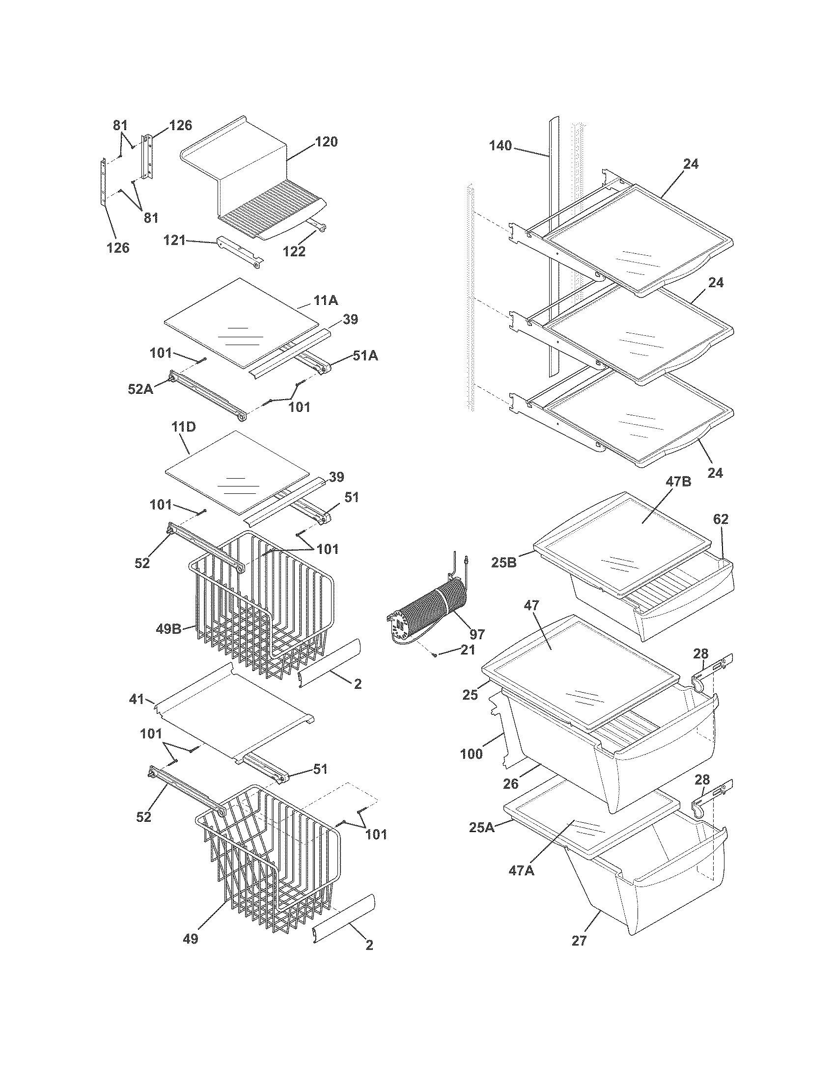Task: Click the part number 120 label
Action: tap(326, 142)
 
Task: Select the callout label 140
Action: tap(501, 146)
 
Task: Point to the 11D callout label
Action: tap(184, 427)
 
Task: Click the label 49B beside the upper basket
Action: tap(169, 629)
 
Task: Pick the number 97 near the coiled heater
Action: tap(477, 634)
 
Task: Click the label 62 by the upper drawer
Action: tap(721, 519)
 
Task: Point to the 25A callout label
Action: tap(481, 827)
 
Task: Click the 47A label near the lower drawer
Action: tap(521, 870)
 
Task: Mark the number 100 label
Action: tap(471, 755)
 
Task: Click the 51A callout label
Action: tap(365, 355)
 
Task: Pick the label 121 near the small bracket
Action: tap(175, 241)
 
